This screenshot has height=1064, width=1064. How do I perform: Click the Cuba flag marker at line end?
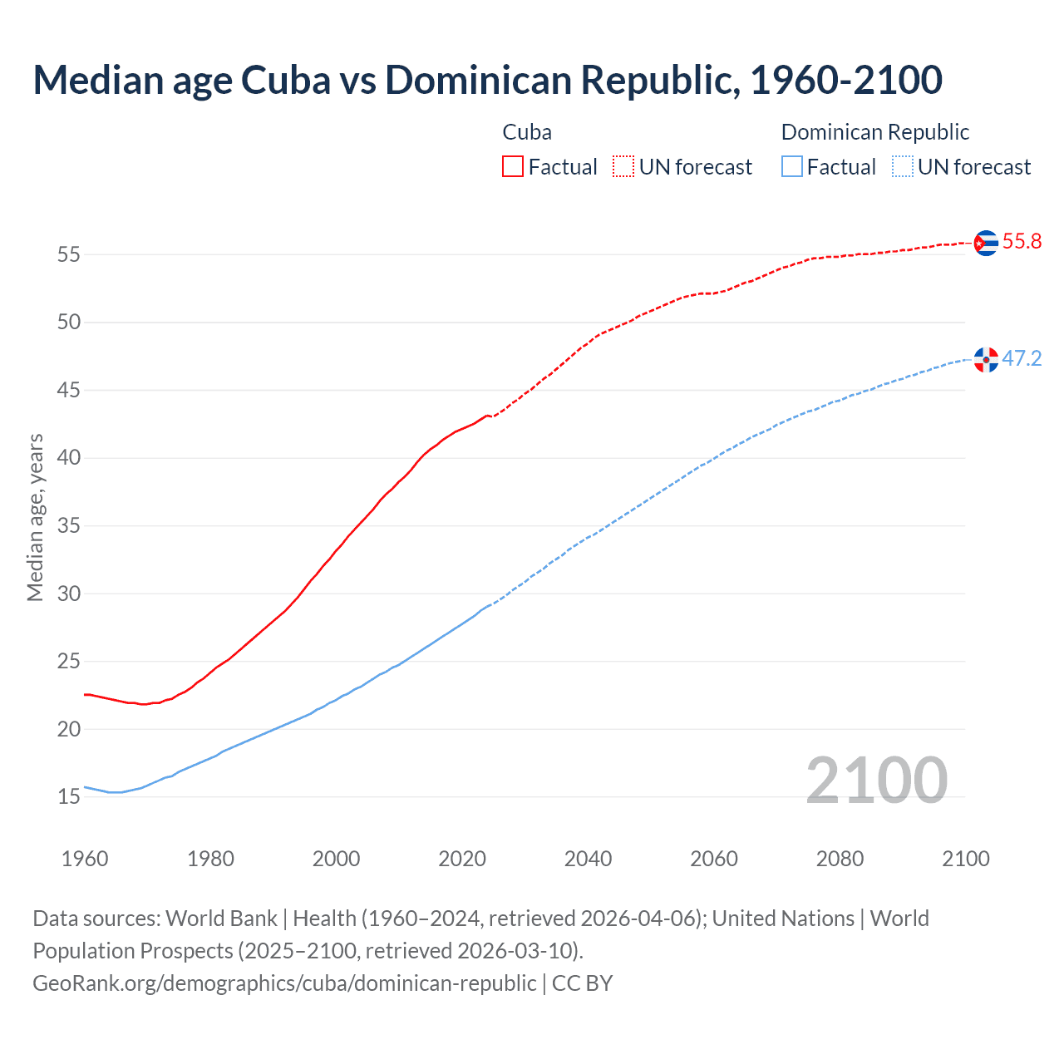pyautogui.click(x=986, y=243)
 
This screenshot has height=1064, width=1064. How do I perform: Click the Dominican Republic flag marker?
pyautogui.click(x=986, y=360)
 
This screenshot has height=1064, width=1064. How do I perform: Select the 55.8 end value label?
pyautogui.click(x=1022, y=242)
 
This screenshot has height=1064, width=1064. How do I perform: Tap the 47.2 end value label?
pyautogui.click(x=1022, y=359)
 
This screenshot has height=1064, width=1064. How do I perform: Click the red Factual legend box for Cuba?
pyautogui.click(x=513, y=167)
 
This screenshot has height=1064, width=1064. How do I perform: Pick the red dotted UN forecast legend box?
pyautogui.click(x=623, y=167)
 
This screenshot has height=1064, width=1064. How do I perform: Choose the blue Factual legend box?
pyautogui.click(x=792, y=167)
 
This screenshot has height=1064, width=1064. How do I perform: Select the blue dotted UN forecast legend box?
pyautogui.click(x=902, y=167)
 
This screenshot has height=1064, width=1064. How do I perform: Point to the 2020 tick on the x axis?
pyautogui.click(x=462, y=859)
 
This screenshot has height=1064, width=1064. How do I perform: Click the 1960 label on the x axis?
pyautogui.click(x=85, y=859)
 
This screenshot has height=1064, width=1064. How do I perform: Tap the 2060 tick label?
pyautogui.click(x=714, y=859)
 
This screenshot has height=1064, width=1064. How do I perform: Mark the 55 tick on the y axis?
pyautogui.click(x=69, y=254)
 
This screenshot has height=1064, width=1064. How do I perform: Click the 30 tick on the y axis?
pyautogui.click(x=69, y=594)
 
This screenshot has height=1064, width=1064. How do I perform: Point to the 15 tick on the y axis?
pyautogui.click(x=69, y=797)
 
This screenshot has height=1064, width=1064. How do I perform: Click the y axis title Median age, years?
pyautogui.click(x=35, y=517)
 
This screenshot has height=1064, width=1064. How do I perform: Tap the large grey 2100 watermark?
pyautogui.click(x=876, y=781)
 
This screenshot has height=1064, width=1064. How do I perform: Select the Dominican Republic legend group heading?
pyautogui.click(x=875, y=132)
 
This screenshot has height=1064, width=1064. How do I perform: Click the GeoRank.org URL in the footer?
pyautogui.click(x=284, y=983)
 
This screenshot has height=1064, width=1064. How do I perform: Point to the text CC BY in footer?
pyautogui.click(x=582, y=983)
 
